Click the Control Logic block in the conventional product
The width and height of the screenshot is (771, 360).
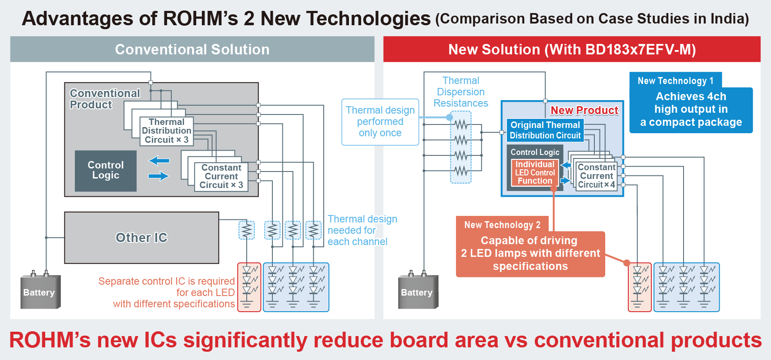[x=106, y=171]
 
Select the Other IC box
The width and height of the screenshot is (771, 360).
[x=141, y=238]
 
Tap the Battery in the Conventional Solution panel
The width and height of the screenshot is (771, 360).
[x=40, y=292]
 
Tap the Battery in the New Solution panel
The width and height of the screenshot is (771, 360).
[x=417, y=292]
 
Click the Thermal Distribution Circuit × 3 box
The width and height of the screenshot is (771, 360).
[x=167, y=131]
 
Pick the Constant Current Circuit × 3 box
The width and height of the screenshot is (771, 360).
[x=221, y=176]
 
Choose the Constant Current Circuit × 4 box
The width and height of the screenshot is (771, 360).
[x=596, y=176]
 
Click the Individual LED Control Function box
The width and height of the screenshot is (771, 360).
[x=535, y=172]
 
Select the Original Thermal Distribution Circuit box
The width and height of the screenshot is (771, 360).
[x=545, y=130]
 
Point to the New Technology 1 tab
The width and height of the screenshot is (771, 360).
[x=675, y=81]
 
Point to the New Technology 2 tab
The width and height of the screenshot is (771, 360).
[x=502, y=225]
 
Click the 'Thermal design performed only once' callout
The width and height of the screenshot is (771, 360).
[x=380, y=122]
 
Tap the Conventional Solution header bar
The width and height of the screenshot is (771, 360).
[x=192, y=49]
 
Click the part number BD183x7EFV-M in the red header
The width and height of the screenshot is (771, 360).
[x=640, y=50]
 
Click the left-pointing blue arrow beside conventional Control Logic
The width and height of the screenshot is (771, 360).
[x=159, y=161]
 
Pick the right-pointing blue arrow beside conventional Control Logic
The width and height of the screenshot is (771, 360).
[x=159, y=176]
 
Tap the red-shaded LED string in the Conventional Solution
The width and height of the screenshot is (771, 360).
[x=249, y=287]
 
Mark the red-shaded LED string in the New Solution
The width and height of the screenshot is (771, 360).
[x=640, y=287]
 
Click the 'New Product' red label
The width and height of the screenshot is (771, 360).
[x=584, y=111]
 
